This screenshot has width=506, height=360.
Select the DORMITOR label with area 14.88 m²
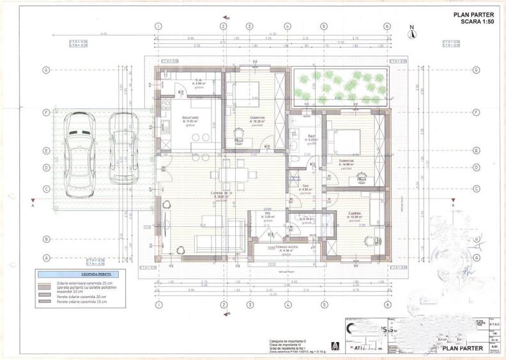point(346,160)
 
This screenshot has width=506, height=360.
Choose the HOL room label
point(268,214)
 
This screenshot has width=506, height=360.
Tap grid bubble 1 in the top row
point(157,26)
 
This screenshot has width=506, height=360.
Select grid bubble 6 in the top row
point(387,26)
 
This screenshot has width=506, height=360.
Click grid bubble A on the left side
point(45,258)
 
